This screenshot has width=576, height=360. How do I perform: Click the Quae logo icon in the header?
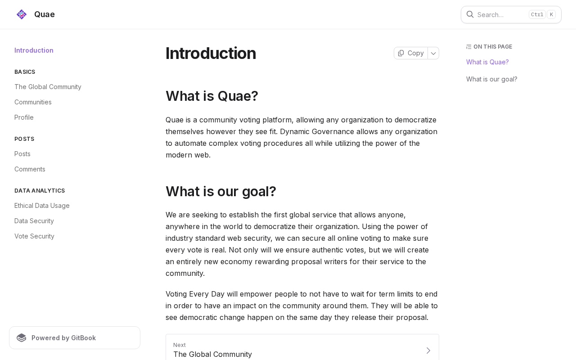(x=22, y=14)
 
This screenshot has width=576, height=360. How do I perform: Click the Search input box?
(x=499, y=14)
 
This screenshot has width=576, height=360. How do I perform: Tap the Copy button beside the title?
(x=411, y=53)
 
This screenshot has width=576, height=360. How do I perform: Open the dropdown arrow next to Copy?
(x=433, y=53)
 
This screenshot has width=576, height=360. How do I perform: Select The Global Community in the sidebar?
(x=48, y=87)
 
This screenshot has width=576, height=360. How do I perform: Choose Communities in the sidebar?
(x=33, y=102)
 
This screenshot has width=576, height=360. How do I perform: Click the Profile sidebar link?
(x=24, y=117)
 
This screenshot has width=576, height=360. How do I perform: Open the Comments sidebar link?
(x=30, y=169)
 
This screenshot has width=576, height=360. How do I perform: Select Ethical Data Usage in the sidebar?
(x=42, y=206)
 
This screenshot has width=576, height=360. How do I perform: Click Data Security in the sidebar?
(x=34, y=221)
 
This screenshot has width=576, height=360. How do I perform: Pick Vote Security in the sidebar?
(x=34, y=236)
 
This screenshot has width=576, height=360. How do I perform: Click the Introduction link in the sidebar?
(x=34, y=50)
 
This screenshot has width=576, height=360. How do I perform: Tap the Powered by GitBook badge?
(x=75, y=338)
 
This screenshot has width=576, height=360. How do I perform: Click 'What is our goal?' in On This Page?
(x=492, y=79)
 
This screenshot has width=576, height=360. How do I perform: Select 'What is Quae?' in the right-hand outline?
(x=487, y=62)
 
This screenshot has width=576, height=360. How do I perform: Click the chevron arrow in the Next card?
(x=428, y=350)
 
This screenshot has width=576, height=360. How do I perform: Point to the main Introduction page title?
(x=211, y=53)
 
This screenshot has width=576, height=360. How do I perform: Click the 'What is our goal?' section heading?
(x=220, y=191)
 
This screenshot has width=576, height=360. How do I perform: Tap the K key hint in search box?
(x=551, y=14)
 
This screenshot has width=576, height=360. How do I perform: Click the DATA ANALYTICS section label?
(x=40, y=191)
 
